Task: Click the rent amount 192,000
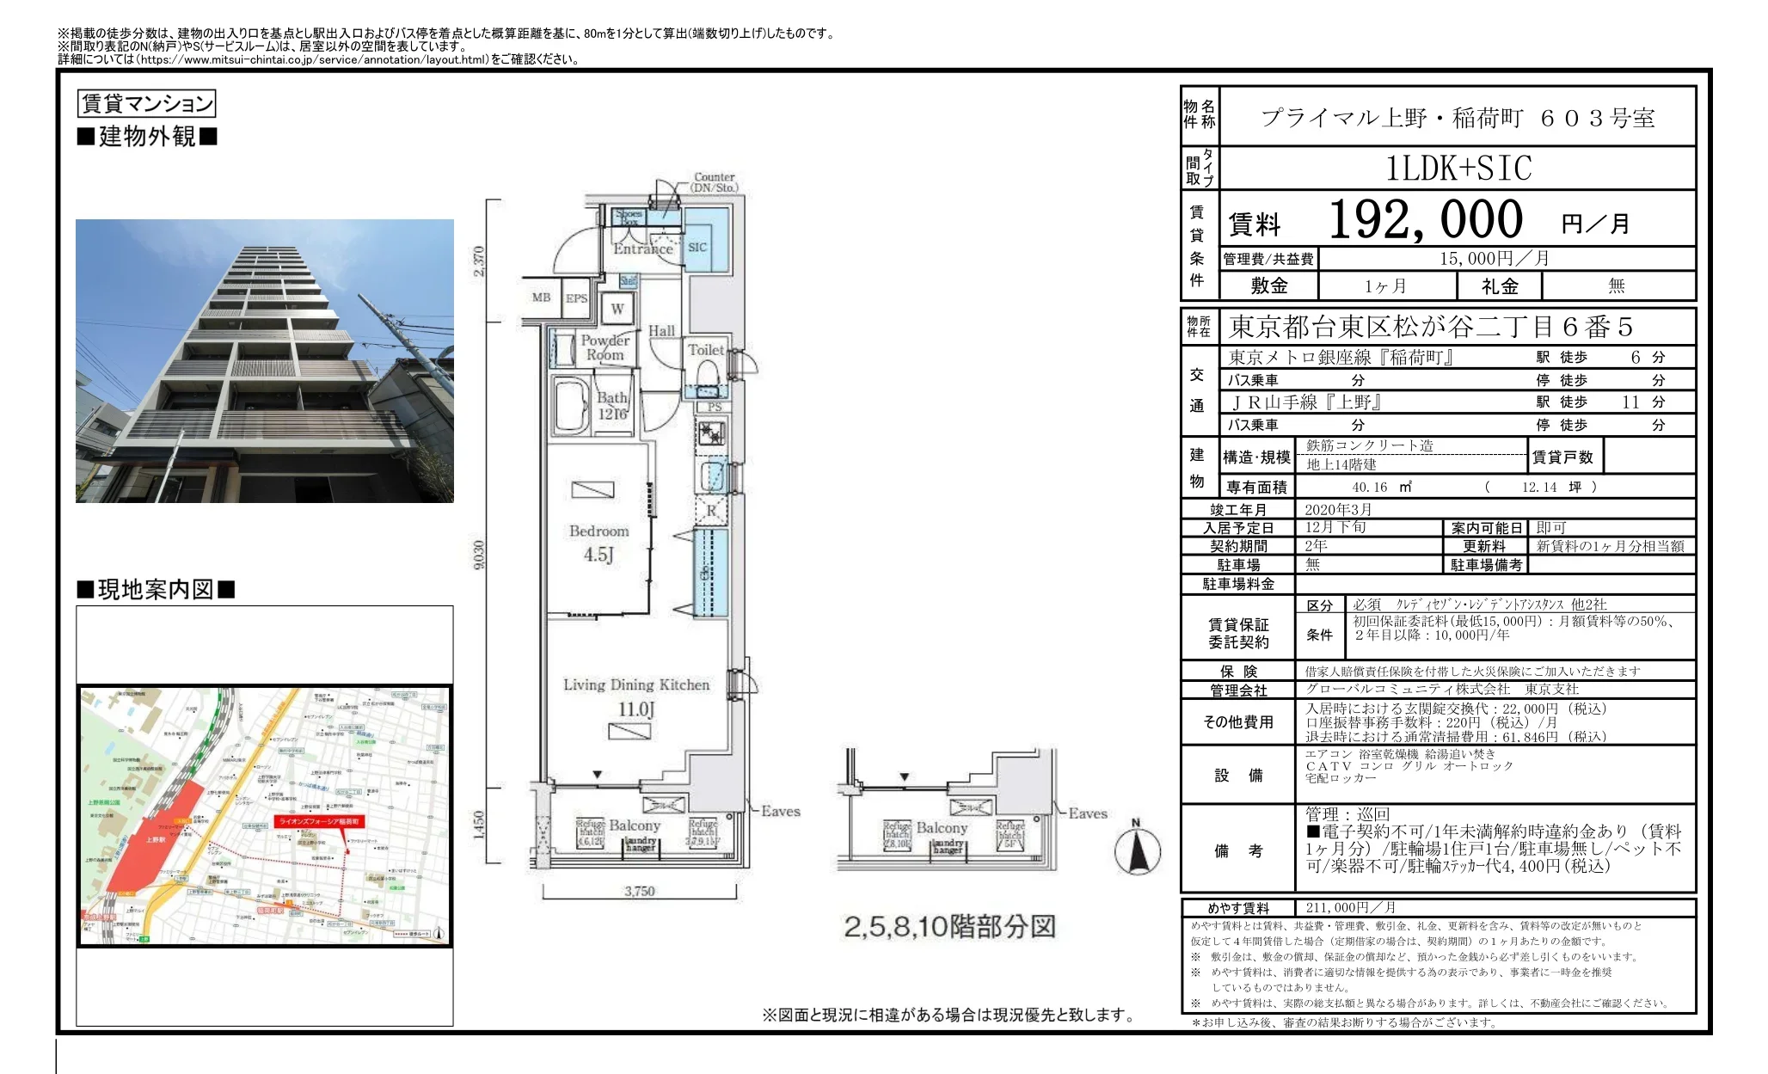click(1425, 220)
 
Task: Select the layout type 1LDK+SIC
click(1458, 168)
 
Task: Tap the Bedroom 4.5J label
click(599, 543)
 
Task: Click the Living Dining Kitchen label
click(636, 685)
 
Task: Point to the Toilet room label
click(705, 350)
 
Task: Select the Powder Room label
click(605, 347)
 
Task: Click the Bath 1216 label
click(612, 406)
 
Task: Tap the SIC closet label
click(697, 247)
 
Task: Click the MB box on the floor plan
click(541, 298)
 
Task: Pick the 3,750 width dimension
click(639, 891)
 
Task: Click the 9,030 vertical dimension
click(479, 555)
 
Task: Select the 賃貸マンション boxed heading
click(146, 104)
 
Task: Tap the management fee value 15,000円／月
click(1495, 259)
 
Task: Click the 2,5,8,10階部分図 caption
click(949, 927)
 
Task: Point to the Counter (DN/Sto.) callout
click(715, 181)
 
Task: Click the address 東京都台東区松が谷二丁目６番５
click(1430, 327)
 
